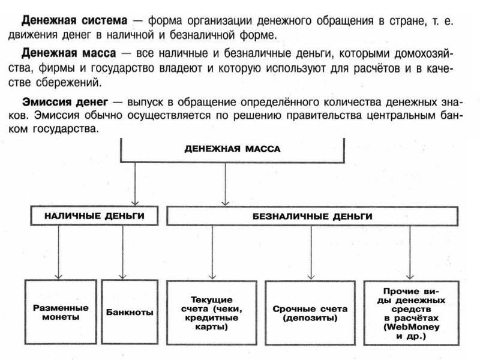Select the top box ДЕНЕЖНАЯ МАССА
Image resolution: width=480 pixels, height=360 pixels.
pos(232,149)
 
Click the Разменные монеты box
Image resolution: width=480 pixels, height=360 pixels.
pos(61,312)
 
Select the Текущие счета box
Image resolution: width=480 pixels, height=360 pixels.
pos(212,312)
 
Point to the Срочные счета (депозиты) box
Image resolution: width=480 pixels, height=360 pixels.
pos(310,312)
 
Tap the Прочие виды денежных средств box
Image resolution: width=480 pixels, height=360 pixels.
pos(410,312)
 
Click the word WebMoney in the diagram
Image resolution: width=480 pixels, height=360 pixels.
pos(410,328)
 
